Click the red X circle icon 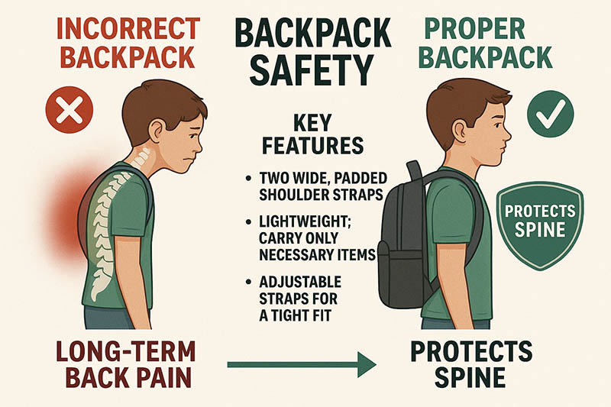point(70,110)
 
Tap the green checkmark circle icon point(550,114)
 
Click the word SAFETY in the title point(312,70)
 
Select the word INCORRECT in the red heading point(128,28)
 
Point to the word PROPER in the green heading point(474,28)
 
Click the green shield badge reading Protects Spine point(540,225)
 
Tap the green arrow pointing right point(302,364)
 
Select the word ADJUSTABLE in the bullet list point(300,281)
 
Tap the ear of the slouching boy point(157,130)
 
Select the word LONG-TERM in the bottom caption point(126,351)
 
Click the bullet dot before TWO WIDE point(249,179)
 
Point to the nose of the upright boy point(508,135)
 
